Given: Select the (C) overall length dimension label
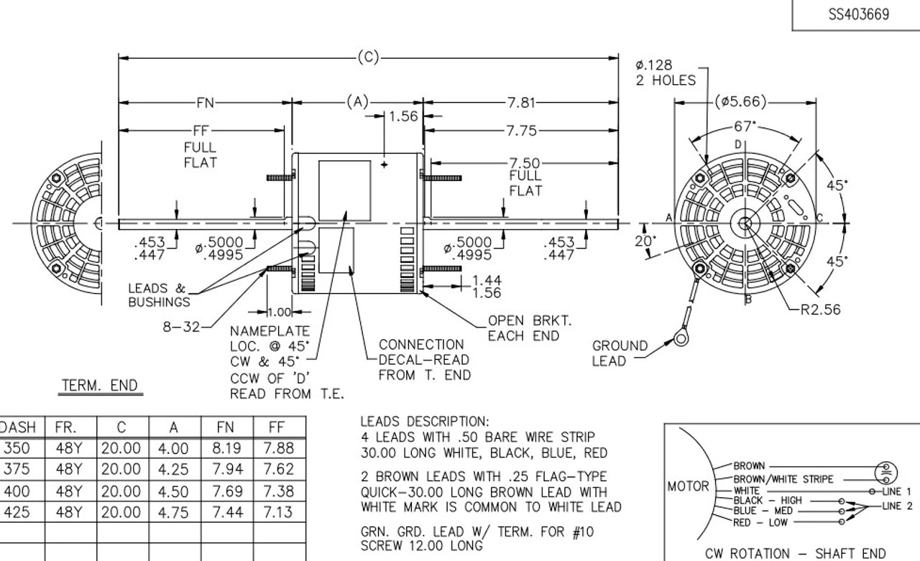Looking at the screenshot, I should (x=367, y=57).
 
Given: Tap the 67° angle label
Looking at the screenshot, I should (x=745, y=126).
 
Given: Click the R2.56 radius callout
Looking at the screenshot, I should (x=821, y=310).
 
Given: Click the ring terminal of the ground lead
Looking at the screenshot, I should (x=679, y=336).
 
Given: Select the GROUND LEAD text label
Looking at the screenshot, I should (x=619, y=353).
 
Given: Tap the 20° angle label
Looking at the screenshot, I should (x=645, y=241).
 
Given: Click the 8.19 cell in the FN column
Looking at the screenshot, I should (x=226, y=448).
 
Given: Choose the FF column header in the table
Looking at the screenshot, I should (x=277, y=427).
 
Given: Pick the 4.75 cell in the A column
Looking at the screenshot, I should (x=173, y=513).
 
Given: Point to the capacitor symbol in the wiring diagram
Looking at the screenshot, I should (x=885, y=472).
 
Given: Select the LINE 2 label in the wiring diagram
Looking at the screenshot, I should (x=897, y=506).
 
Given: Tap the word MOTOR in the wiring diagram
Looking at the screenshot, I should (x=688, y=486).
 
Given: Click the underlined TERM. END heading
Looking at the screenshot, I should (x=101, y=386).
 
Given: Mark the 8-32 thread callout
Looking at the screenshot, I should (x=182, y=327).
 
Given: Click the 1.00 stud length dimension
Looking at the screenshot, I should (x=279, y=312).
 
